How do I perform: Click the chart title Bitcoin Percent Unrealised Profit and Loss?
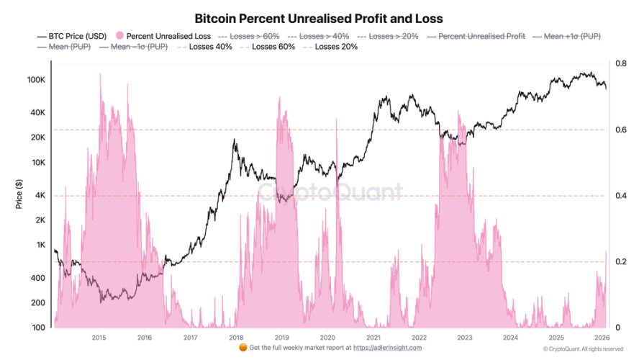tap(319, 17)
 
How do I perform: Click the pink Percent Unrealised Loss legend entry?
tap(163, 35)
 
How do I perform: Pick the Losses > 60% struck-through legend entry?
tap(250, 35)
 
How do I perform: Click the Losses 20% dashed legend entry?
tap(333, 47)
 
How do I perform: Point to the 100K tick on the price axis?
tap(36, 80)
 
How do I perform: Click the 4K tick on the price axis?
tap(40, 195)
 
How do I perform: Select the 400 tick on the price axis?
tap(38, 278)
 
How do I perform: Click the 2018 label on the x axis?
tap(236, 337)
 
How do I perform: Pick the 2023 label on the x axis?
tap(465, 337)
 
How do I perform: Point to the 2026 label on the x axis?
tap(602, 337)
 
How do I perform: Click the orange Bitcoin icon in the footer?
tap(242, 348)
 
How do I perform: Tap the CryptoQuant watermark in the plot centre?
tap(330, 192)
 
